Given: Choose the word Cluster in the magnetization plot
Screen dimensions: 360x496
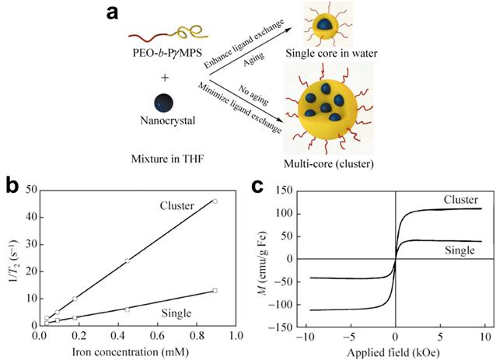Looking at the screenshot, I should pos(460,201).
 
